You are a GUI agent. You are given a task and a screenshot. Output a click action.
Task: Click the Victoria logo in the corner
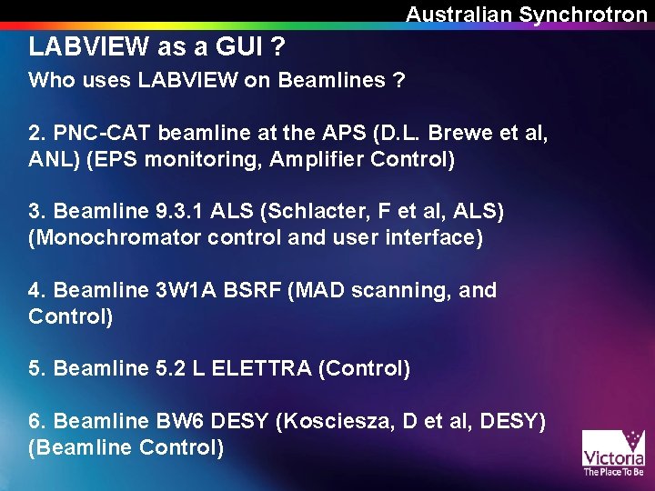[613, 452]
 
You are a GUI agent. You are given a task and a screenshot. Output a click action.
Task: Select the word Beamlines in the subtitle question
[332, 80]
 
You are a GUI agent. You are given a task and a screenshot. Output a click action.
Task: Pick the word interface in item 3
[433, 238]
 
